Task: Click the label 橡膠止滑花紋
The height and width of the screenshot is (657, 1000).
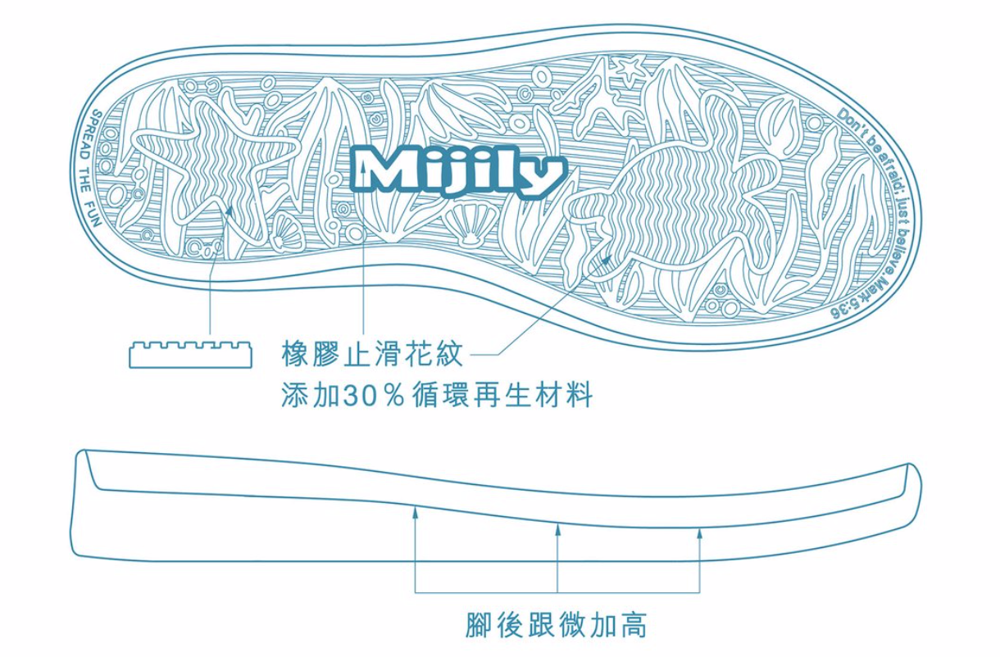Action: point(373,355)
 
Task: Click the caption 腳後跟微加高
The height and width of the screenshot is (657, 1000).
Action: point(557,624)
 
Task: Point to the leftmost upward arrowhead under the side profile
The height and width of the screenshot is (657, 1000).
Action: point(416,514)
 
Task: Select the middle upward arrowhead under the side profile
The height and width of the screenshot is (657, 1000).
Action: point(557,528)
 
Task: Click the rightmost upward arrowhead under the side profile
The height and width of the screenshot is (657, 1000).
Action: point(699,533)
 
